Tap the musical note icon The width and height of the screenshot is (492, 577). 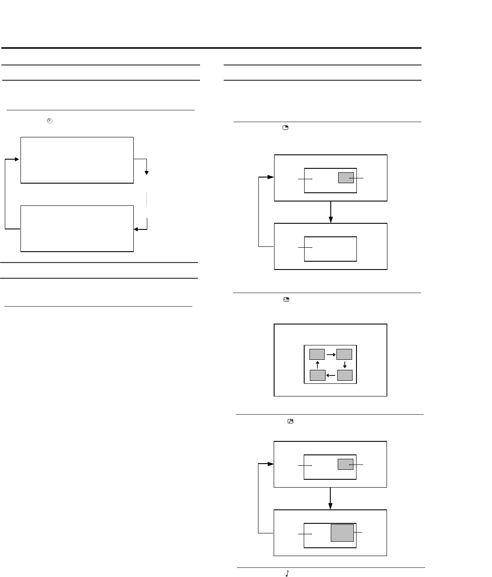click(287, 574)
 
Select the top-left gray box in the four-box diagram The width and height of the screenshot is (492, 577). click(317, 354)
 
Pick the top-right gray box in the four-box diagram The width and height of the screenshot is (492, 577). click(344, 354)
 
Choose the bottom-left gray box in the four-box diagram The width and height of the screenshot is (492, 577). click(317, 375)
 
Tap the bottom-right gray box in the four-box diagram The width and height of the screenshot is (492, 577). click(344, 375)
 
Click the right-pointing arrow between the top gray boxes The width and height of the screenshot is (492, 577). click(331, 354)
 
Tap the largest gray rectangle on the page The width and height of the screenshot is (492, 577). click(342, 533)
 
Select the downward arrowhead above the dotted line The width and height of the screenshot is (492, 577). click(147, 173)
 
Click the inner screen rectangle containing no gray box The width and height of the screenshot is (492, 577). click(330, 249)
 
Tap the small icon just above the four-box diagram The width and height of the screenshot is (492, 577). click(286, 300)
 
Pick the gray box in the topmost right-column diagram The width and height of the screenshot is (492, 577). click(346, 178)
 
